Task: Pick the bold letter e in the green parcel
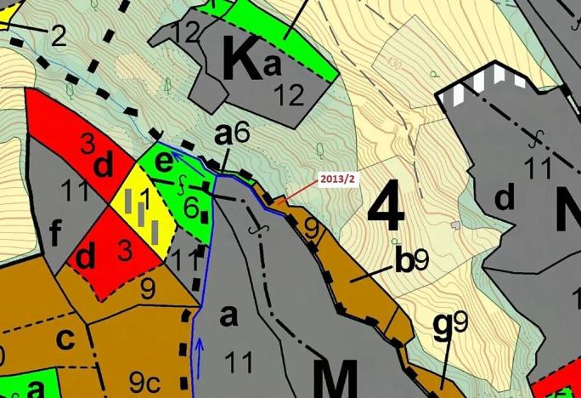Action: pos(165,160)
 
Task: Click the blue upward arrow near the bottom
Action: pos(200,347)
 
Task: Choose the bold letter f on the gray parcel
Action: pos(56,230)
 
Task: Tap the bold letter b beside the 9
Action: pos(404,261)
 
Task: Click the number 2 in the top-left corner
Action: pos(58,36)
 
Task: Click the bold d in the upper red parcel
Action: pos(104,165)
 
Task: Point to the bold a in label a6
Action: pos(223,134)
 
